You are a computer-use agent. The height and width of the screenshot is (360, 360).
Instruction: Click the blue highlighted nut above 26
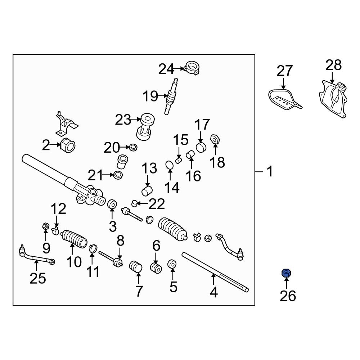pyautogui.click(x=286, y=274)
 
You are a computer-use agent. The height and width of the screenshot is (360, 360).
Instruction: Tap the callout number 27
pyautogui.click(x=284, y=71)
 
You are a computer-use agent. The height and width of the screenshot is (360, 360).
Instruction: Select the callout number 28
pyautogui.click(x=333, y=66)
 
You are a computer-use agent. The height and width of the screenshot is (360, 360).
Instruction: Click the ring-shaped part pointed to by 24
pyautogui.click(x=192, y=67)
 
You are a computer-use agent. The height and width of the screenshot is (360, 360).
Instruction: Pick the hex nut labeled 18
pyautogui.click(x=215, y=139)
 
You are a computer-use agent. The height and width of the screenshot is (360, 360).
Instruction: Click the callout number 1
pyautogui.click(x=270, y=172)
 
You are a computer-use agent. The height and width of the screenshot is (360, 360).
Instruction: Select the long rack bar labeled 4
pyautogui.click(x=215, y=272)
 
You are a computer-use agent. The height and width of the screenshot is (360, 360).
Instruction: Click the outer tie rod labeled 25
pyautogui.click(x=36, y=256)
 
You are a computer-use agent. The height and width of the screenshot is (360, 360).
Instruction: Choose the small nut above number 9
pyautogui.click(x=46, y=227)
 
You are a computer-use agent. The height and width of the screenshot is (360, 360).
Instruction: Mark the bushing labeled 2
pyautogui.click(x=68, y=145)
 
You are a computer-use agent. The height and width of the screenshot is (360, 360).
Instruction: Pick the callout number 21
pyautogui.click(x=96, y=176)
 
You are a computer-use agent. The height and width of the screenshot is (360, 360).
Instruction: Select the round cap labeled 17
pyautogui.click(x=201, y=147)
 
